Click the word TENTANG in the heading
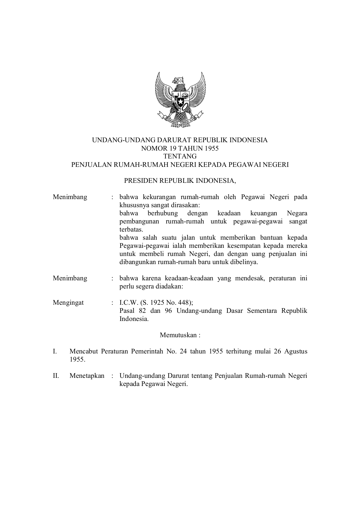pyautogui.click(x=180, y=156)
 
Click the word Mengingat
pyautogui.click(x=68, y=303)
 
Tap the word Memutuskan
pyautogui.click(x=178, y=335)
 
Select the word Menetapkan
pyautogui.click(x=87, y=376)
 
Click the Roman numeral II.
pyautogui.click(x=56, y=376)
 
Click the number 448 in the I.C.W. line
pyautogui.click(x=184, y=303)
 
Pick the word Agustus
pyautogui.click(x=296, y=351)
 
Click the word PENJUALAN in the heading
pyautogui.click(x=91, y=165)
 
